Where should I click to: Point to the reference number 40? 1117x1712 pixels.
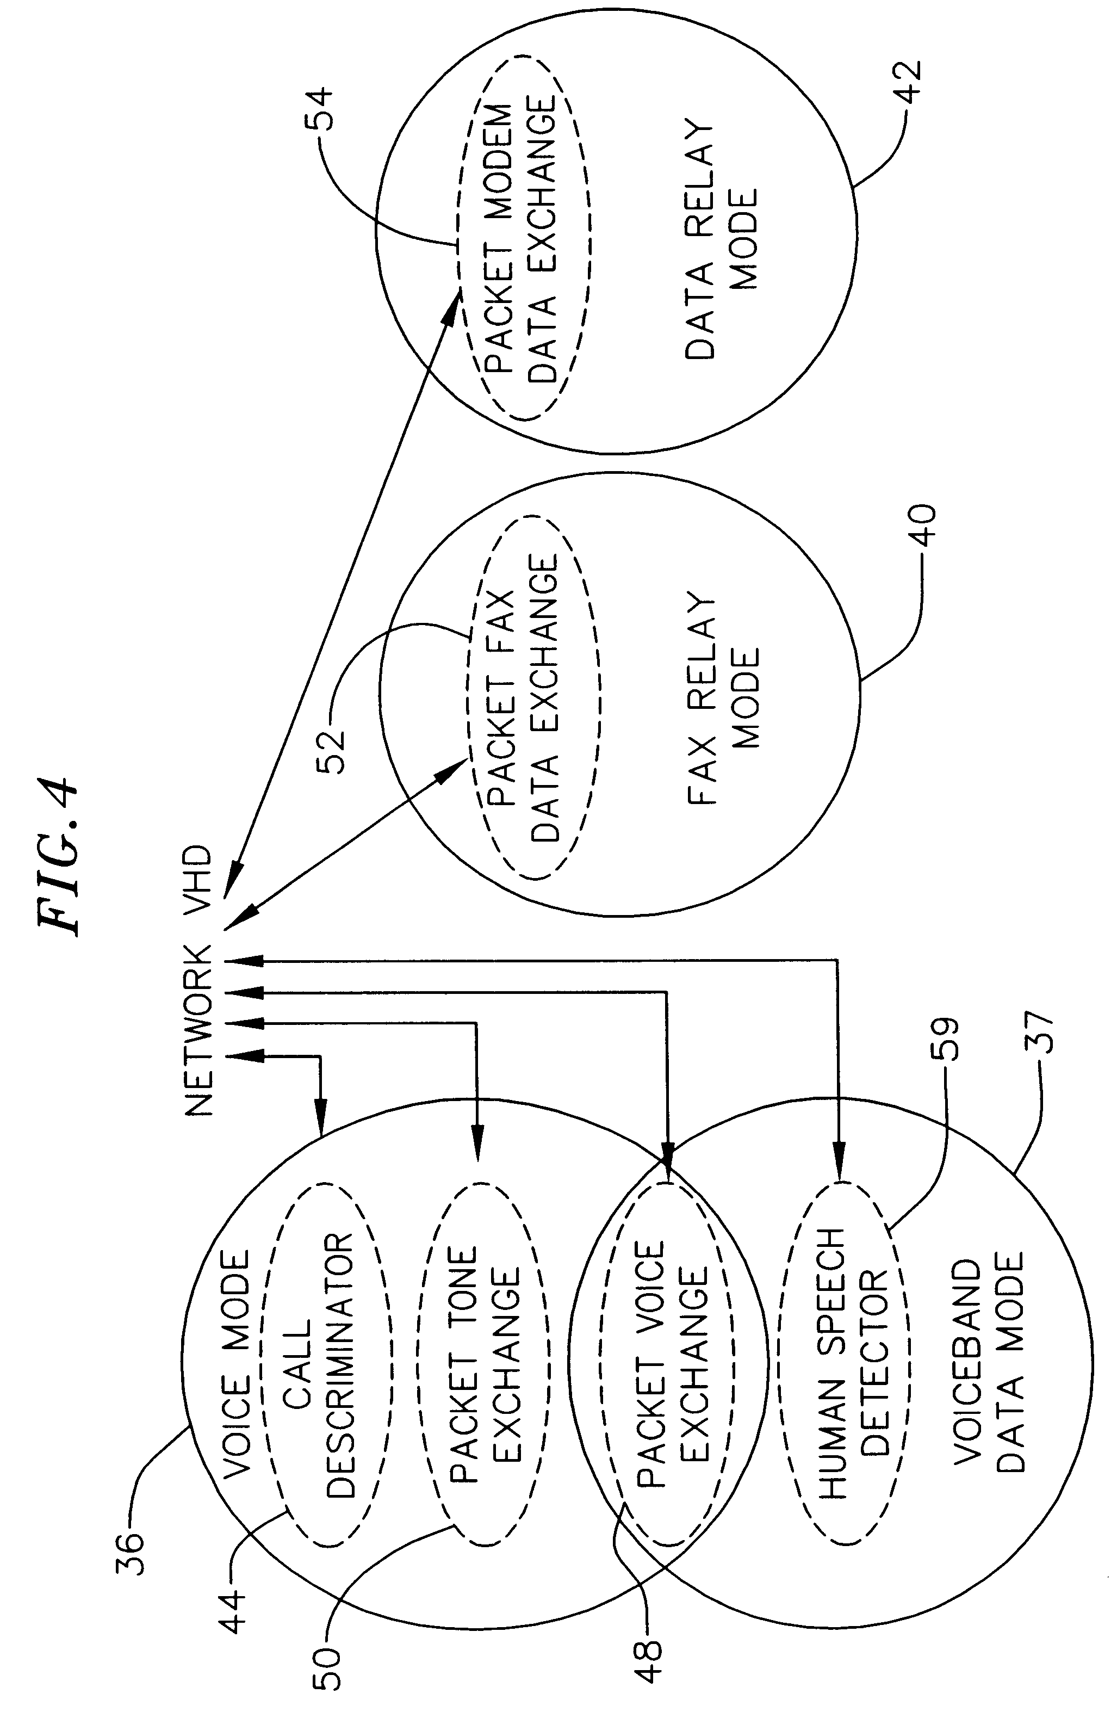(921, 526)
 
